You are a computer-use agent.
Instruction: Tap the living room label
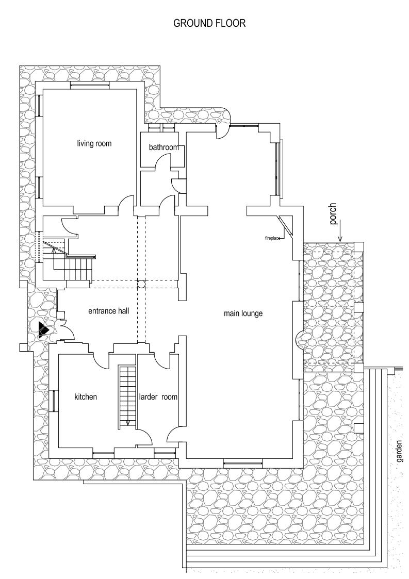94,143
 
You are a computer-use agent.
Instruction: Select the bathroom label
164,147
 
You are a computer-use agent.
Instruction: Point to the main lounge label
243,313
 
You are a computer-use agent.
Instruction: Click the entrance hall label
108,311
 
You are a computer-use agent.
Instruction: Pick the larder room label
158,397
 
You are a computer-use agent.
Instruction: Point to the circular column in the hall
141,284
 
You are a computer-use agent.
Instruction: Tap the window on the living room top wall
89,86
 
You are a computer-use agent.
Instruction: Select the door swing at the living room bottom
124,206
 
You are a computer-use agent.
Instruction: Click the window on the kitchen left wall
53,401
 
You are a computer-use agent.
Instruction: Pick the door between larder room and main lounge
174,436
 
